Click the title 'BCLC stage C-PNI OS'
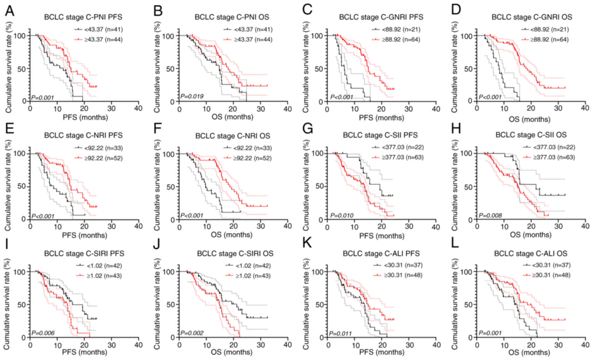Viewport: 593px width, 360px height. [232, 17]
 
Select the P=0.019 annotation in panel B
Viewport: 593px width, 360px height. [192, 96]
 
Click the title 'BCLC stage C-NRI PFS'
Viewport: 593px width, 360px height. [83, 135]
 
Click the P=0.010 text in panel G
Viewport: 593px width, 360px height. [342, 216]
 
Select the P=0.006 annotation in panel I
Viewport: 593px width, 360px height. [43, 333]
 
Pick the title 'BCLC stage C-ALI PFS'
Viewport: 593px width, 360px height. [381, 253]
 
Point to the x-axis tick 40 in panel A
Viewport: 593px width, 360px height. [138, 109]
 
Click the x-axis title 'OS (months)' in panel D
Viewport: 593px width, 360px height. [530, 119]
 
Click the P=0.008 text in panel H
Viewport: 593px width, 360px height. [490, 216]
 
